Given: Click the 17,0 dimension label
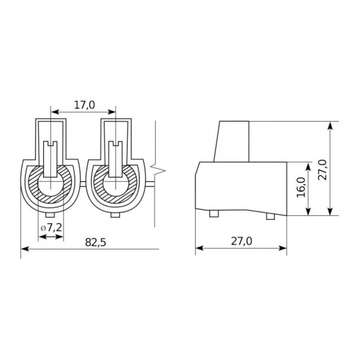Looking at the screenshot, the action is coord(84,105).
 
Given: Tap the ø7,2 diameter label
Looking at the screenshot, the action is coord(52,228).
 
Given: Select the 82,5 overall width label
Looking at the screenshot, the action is coord(96,242).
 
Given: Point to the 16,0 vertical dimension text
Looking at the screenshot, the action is coord(301,187).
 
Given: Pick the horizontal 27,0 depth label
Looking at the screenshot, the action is coord(242,241).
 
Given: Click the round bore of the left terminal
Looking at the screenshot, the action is coord(50,186).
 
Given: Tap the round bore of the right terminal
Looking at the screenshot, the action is coord(115,186).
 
